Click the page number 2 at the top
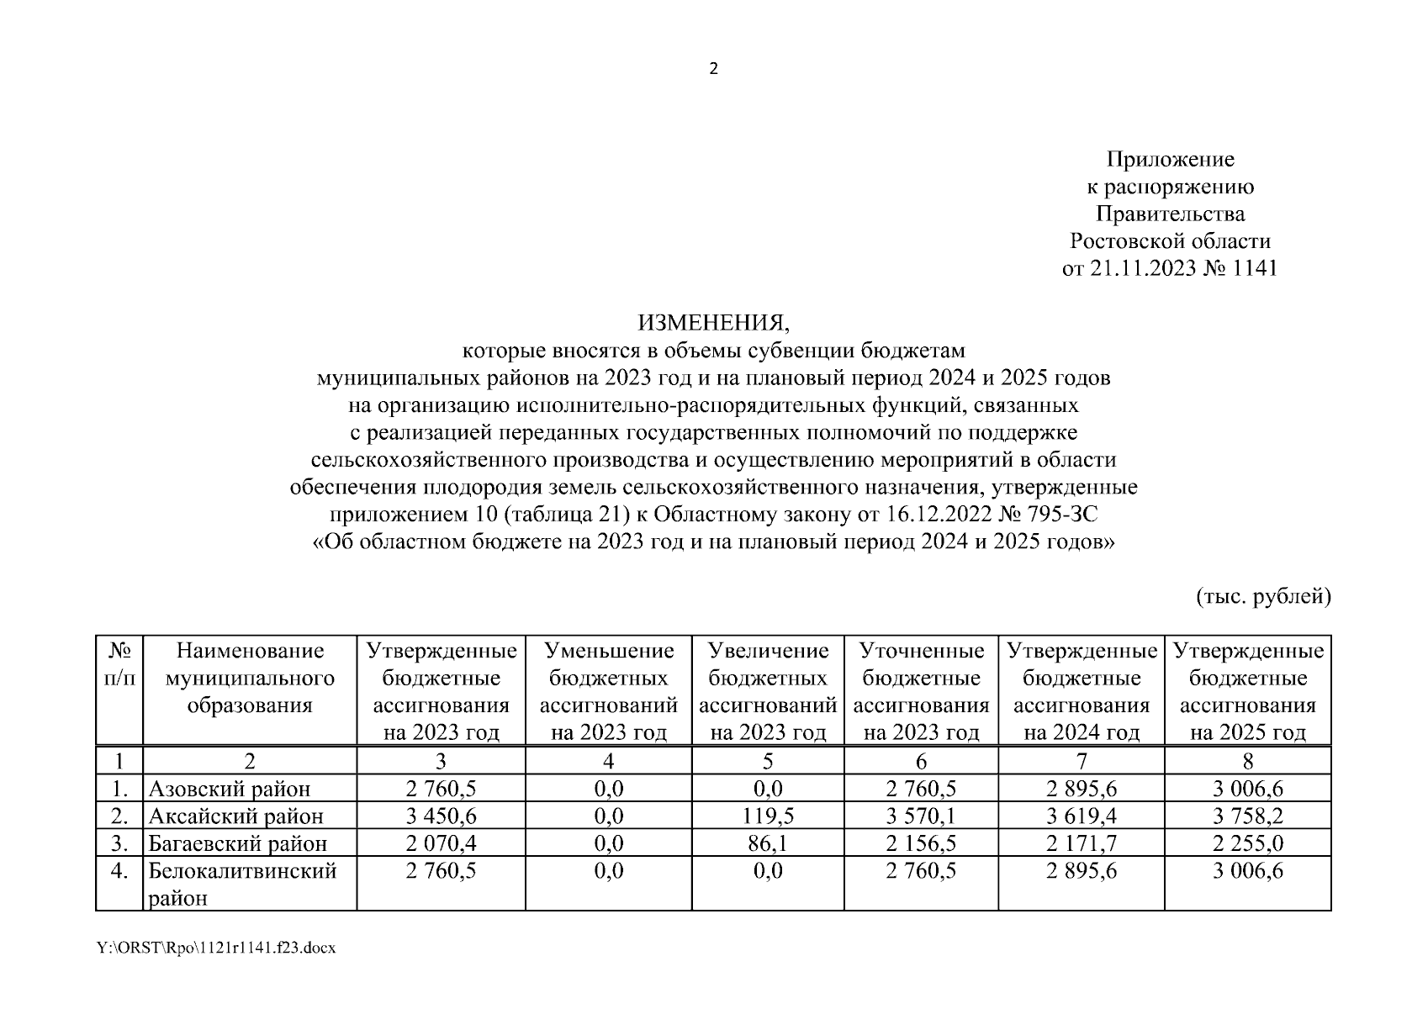coord(713,70)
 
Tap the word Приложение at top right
coord(1170,159)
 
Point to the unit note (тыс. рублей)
coord(1263,596)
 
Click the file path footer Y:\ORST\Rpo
coord(216,948)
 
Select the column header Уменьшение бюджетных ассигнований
coord(608,691)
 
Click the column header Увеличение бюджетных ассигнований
coord(767,691)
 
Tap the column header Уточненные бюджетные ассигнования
coord(921,691)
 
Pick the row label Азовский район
coord(230,789)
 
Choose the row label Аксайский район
coord(235,816)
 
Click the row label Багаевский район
coord(238,843)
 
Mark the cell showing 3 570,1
coord(921,816)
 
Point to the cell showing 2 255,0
coord(1247,843)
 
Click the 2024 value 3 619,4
coord(1082,816)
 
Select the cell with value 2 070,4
coord(441,843)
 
